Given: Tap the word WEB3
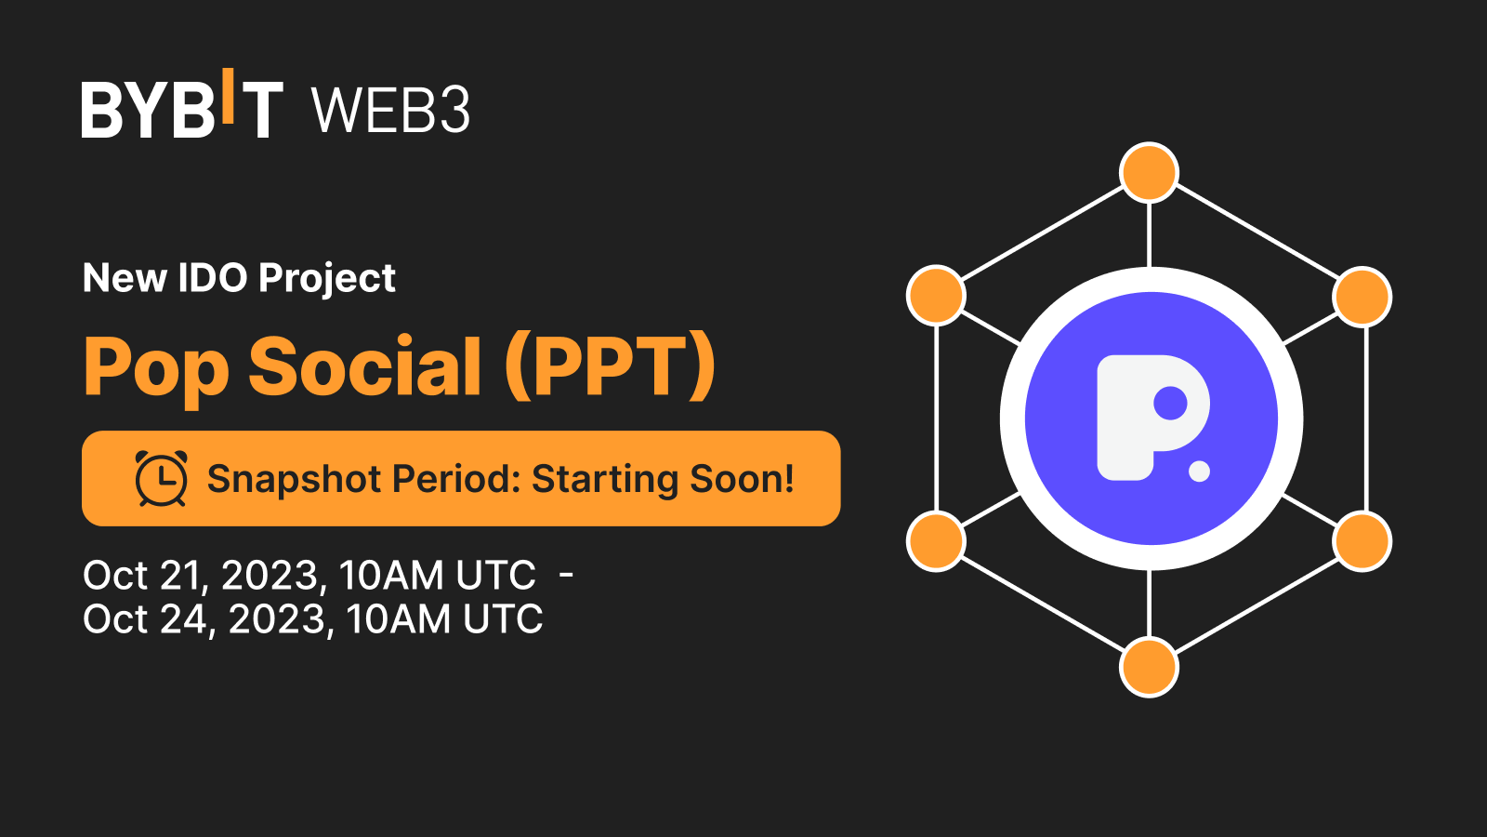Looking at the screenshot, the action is pyautogui.click(x=390, y=110).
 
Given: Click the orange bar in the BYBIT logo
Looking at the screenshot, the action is pyautogui.click(x=228, y=96).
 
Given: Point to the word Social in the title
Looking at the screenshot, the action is pyautogui.click(x=364, y=366).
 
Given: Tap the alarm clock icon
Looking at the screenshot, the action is pyautogui.click(x=162, y=478).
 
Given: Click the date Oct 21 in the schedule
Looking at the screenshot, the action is pyautogui.click(x=140, y=575).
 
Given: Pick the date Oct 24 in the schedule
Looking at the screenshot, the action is pyautogui.click(x=144, y=619).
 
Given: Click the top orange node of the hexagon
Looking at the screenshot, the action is pyautogui.click(x=1149, y=172).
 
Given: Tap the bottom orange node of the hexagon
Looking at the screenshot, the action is pyautogui.click(x=1149, y=667).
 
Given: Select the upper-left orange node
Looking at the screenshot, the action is pyautogui.click(x=936, y=295).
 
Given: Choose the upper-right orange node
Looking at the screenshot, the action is pyautogui.click(x=1362, y=297).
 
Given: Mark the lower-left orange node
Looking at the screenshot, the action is pyautogui.click(x=936, y=540).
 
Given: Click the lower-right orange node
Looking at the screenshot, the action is pyautogui.click(x=1362, y=542).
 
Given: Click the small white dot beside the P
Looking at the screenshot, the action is pyautogui.click(x=1199, y=471).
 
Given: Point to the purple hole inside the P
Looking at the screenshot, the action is pyautogui.click(x=1170, y=403).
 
